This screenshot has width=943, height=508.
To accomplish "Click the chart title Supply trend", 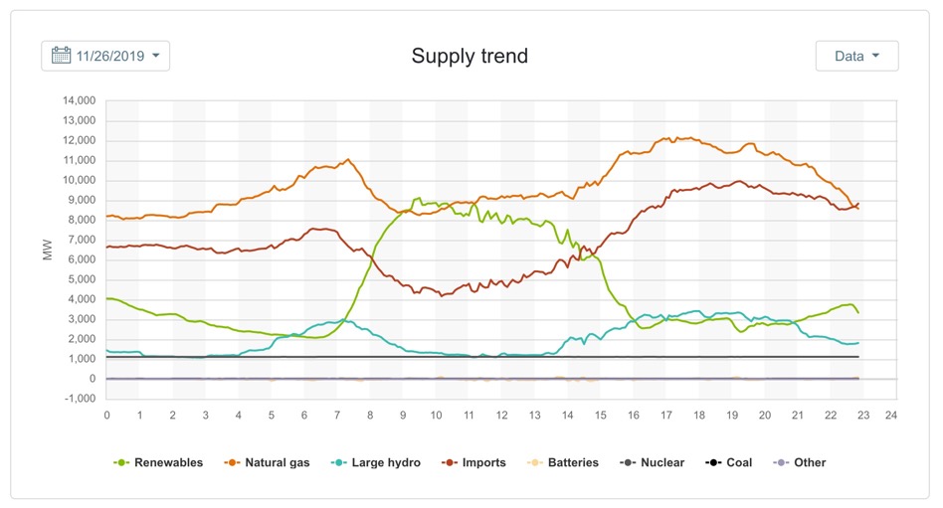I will (x=470, y=56).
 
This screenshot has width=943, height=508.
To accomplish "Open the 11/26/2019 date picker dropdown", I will (x=105, y=56).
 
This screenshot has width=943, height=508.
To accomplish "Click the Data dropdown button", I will (x=856, y=56).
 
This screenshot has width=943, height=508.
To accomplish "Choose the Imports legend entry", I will (x=475, y=462).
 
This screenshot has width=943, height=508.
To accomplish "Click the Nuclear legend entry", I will (x=653, y=462).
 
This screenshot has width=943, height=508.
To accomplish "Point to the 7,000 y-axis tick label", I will (x=79, y=240).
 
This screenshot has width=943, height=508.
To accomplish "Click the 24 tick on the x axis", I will (x=891, y=415).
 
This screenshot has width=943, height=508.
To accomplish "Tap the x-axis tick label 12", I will (x=501, y=415).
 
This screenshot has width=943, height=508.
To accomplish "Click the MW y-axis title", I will (x=47, y=250).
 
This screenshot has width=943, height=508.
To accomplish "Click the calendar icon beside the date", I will (x=61, y=56).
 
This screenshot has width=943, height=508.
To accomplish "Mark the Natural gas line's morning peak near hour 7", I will (x=347, y=159).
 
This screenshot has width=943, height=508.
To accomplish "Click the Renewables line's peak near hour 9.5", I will (x=419, y=198).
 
